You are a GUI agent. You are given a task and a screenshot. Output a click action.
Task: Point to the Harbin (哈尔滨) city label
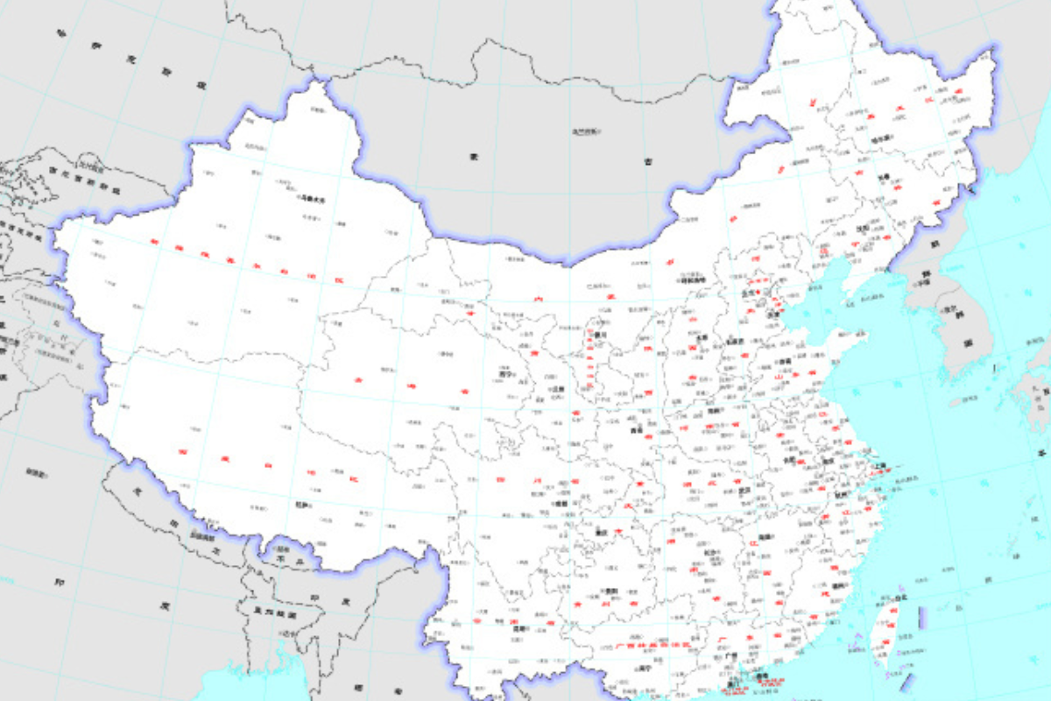(880, 138)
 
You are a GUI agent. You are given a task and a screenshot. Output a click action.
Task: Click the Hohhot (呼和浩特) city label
(692, 280)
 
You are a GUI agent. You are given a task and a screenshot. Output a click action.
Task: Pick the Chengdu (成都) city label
(561, 505)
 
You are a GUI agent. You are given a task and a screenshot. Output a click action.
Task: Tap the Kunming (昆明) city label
(522, 628)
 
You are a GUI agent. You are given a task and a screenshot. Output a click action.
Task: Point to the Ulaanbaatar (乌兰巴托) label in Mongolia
(586, 131)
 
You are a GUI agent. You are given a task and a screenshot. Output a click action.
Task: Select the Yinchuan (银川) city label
(600, 335)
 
